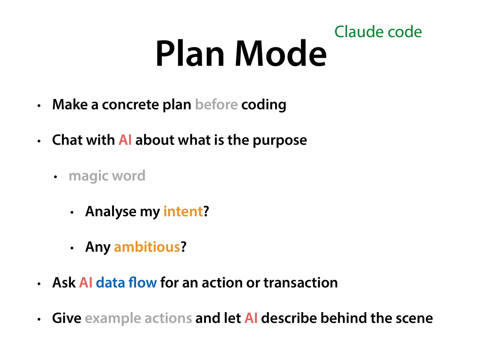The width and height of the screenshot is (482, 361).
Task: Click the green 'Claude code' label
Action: pos(378,32)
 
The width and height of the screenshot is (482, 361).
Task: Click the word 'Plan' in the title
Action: pos(190,54)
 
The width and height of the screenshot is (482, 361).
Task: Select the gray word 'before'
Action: pos(216,105)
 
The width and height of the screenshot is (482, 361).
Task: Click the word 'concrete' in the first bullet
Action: pos(130,105)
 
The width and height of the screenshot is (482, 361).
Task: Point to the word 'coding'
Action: pos(264,105)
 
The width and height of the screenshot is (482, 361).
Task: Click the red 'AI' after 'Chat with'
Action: pos(125,140)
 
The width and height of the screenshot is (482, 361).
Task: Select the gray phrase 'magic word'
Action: pos(107,176)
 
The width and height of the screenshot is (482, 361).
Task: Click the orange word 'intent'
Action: pos(183,211)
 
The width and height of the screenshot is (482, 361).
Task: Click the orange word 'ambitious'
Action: pos(147,247)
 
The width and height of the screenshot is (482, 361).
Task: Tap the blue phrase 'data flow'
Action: pos(126,283)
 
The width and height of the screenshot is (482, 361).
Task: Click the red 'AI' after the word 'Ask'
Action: pos(86,283)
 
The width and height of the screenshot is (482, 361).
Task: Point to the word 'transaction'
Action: pos(300,283)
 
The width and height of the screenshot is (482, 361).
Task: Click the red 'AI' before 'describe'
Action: pos(251,318)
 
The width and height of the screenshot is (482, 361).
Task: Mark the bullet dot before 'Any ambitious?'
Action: pos(72,248)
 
